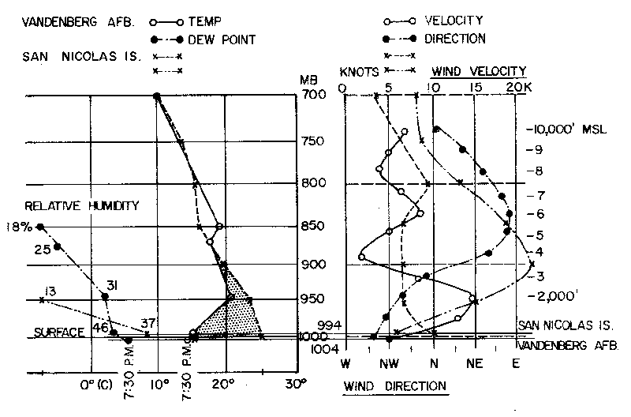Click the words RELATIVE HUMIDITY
click(70, 206)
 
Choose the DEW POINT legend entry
click(229, 38)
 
